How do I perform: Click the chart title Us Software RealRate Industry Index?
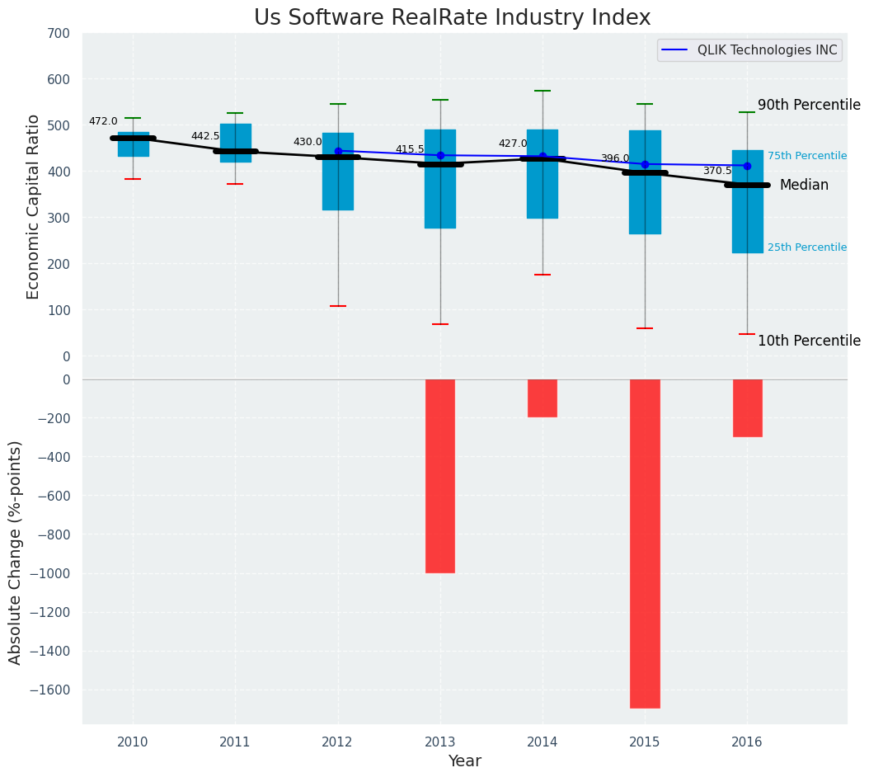pyautogui.click(x=452, y=18)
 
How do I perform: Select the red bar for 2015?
pyautogui.click(x=645, y=543)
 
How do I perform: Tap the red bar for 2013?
pyautogui.click(x=440, y=476)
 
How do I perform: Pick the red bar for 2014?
pyautogui.click(x=543, y=398)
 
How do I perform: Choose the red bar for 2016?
pyautogui.click(x=747, y=408)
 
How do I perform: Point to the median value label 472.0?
pyautogui.click(x=103, y=122)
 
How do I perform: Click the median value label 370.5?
pyautogui.click(x=717, y=171)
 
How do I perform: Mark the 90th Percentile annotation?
pyautogui.click(x=809, y=106)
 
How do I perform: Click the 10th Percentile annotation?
pyautogui.click(x=809, y=341)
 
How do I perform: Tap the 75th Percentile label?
pyautogui.click(x=806, y=156)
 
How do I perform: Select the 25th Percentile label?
pyautogui.click(x=806, y=247)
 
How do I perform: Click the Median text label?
pyautogui.click(x=804, y=186)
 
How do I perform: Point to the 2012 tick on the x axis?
pyautogui.click(x=337, y=742)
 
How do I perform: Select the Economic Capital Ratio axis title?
pyautogui.click(x=34, y=195)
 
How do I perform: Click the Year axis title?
pyautogui.click(x=464, y=761)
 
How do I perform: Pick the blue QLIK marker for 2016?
pyautogui.click(x=747, y=166)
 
